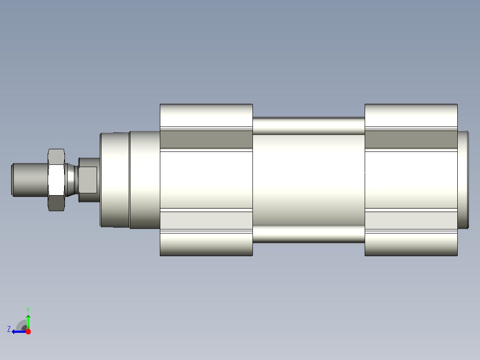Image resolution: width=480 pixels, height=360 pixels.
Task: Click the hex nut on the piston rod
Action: pos(56,180)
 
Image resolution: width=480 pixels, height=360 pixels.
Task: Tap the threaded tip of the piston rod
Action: pos(30,180)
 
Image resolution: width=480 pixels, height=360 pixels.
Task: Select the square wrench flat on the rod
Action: pos(88,180)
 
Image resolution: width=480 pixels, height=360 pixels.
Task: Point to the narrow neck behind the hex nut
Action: pos(71,180)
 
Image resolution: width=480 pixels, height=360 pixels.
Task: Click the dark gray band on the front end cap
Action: pos(206,139)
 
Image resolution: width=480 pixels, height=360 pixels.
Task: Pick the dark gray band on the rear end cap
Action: pos(411,139)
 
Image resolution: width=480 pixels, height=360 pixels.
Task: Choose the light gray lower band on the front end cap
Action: pos(206,220)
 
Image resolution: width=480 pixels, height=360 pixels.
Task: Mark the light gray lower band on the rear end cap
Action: pos(411,220)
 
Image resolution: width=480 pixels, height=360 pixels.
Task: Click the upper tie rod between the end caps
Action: pos(309,126)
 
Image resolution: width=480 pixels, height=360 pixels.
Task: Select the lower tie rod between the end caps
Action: pos(309,234)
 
